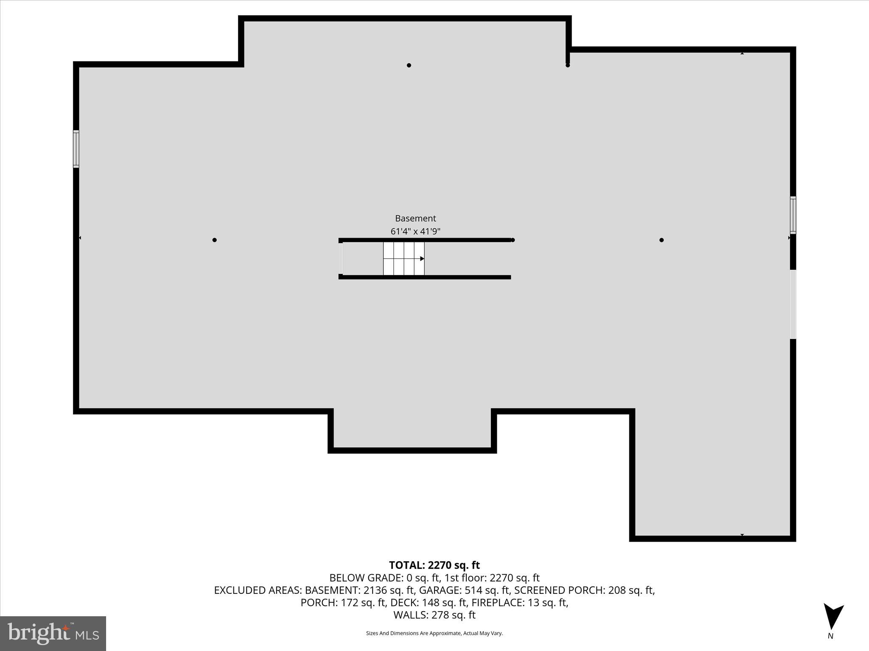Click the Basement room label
(x=415, y=218)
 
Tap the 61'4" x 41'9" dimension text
(x=415, y=231)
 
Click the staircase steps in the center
(x=404, y=259)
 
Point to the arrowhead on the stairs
(x=422, y=259)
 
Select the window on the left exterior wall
(x=76, y=149)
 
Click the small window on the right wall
(x=793, y=215)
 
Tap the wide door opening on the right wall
(x=793, y=304)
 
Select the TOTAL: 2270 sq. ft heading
(x=434, y=565)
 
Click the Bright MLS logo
(x=53, y=633)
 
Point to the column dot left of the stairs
(x=215, y=240)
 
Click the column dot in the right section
(x=662, y=240)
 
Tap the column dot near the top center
(x=409, y=65)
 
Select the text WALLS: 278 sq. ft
(x=434, y=615)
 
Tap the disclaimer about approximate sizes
(x=434, y=633)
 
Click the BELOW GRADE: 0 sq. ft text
(x=384, y=578)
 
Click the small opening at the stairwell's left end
(x=341, y=259)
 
